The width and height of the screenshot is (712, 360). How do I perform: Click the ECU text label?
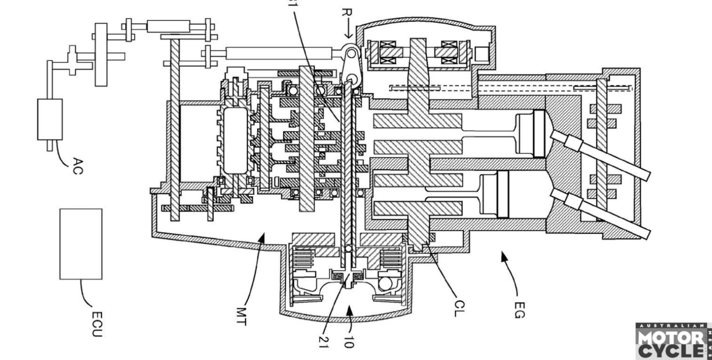point(97,324)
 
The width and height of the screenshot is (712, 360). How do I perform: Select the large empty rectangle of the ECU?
point(81,244)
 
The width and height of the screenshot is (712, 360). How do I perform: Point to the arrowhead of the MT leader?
point(262,238)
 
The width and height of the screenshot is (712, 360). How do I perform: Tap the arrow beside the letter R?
point(349,33)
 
